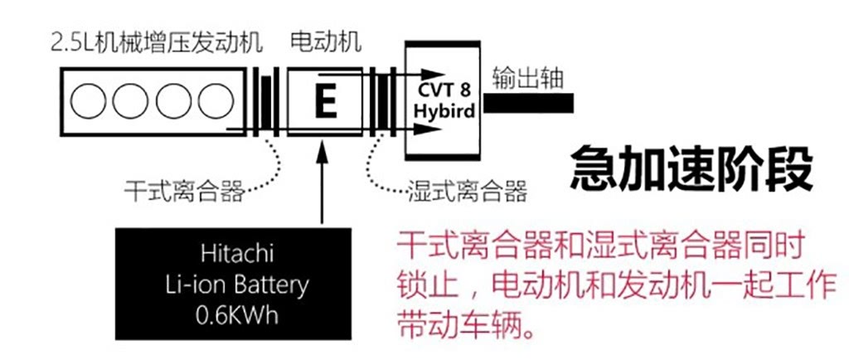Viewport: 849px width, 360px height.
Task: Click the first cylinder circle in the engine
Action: pos(88,101)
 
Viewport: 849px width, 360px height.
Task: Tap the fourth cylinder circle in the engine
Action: pos(216,101)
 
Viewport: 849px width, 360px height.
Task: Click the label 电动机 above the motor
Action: pos(326,41)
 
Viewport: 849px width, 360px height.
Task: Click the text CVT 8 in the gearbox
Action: pos(443,90)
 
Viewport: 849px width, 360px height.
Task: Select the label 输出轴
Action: pos(528,79)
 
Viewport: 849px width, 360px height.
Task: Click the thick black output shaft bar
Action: pos(528,103)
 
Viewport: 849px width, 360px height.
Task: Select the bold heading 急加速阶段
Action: pos(691,170)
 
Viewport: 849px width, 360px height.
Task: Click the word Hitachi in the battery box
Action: pos(237,254)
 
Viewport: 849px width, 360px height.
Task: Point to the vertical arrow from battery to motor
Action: pos(323,182)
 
